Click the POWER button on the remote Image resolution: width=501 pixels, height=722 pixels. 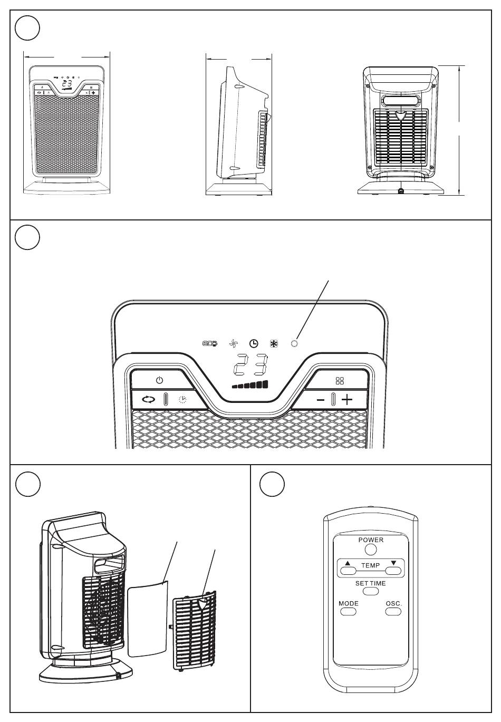[371, 550]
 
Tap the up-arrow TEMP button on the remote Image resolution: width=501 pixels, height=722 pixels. [348, 570]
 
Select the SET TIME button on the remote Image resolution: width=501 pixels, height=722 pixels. [371, 592]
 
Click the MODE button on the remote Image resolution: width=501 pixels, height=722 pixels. [348, 612]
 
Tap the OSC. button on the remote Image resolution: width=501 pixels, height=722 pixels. [393, 612]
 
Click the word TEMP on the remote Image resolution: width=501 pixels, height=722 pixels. [371, 565]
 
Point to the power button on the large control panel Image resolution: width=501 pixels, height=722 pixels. [160, 380]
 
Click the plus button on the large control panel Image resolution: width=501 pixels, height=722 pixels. [347, 399]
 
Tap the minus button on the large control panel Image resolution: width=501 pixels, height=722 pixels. [321, 400]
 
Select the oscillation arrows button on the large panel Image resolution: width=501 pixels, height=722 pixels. [149, 399]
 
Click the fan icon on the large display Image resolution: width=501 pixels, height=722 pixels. [234, 344]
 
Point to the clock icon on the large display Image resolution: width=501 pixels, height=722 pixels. [254, 344]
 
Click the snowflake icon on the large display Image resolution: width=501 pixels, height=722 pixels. [274, 344]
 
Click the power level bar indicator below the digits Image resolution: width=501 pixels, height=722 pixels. [250, 385]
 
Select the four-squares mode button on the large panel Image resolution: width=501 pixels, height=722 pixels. [340, 380]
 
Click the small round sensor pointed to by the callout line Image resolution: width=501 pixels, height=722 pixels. [294, 344]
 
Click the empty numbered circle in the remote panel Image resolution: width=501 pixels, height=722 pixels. [273, 485]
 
